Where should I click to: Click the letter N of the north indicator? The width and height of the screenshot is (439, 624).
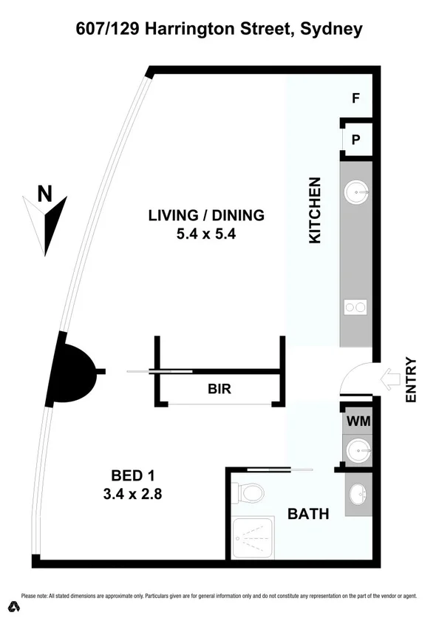pyautogui.click(x=45, y=194)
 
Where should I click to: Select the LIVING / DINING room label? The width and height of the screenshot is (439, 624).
pyautogui.click(x=206, y=216)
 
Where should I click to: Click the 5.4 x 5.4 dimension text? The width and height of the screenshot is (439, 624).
pyautogui.click(x=206, y=234)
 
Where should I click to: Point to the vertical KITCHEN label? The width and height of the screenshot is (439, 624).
pyautogui.click(x=314, y=211)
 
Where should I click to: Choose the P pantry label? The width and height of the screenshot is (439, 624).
pyautogui.click(x=355, y=138)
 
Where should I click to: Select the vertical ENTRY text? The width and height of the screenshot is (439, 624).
pyautogui.click(x=412, y=380)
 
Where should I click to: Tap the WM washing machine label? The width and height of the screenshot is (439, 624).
pyautogui.click(x=358, y=421)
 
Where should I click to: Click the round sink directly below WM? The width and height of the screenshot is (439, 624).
pyautogui.click(x=358, y=448)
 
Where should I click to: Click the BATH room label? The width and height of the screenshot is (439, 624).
pyautogui.click(x=308, y=513)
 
